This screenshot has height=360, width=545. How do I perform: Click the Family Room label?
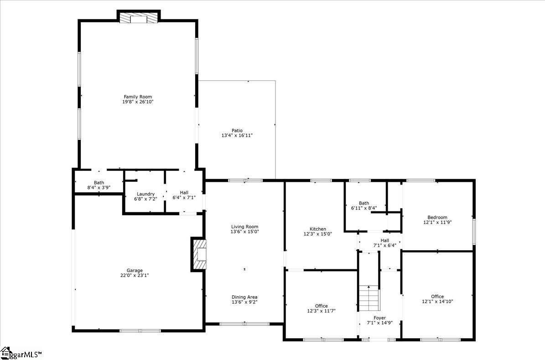pos(138,97)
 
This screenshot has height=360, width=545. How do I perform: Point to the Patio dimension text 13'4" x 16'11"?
pos(237,135)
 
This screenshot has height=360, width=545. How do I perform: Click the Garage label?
pos(135,270)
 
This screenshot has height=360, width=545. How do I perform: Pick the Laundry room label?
pos(145,194)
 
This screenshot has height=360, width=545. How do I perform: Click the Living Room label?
pos(245,226)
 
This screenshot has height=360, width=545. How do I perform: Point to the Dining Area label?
pos(245,297)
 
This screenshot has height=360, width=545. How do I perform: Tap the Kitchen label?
pos(318,229)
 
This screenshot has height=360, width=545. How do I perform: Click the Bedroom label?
pos(437,217)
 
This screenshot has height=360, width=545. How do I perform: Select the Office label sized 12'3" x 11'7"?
pos(321,306)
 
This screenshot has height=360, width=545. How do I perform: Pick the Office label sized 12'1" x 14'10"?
pos(437,297)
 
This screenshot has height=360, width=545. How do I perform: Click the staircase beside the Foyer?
pos(369,298)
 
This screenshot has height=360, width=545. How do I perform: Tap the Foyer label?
pos(379,318)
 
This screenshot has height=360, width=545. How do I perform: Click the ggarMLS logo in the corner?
pos(21,354)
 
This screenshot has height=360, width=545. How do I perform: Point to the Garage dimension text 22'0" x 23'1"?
pos(135,275)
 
